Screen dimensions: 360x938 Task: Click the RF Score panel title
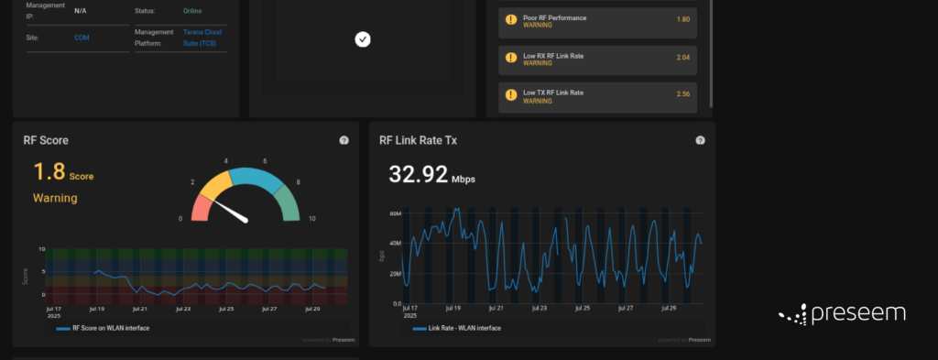pyautogui.click(x=46, y=140)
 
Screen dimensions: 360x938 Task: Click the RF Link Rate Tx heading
pyautogui.click(x=417, y=140)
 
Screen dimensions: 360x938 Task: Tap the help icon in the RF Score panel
pyautogui.click(x=344, y=140)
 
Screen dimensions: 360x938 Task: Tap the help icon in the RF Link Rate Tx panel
pyautogui.click(x=700, y=140)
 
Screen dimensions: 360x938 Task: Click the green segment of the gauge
pyautogui.click(x=289, y=201)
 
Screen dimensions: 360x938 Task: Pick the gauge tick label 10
pyautogui.click(x=312, y=219)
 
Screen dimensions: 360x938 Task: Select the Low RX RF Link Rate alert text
pyautogui.click(x=552, y=56)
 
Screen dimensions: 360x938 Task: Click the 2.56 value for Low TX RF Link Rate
pyautogui.click(x=682, y=94)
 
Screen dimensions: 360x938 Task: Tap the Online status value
pyautogui.click(x=191, y=11)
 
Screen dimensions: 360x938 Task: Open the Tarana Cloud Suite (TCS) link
pyautogui.click(x=202, y=38)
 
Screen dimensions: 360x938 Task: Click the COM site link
pyautogui.click(x=82, y=38)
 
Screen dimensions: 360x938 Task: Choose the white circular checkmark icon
pyautogui.click(x=363, y=39)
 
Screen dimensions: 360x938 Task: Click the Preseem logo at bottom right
pyautogui.click(x=842, y=314)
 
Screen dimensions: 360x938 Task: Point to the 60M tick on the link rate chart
pyautogui.click(x=396, y=213)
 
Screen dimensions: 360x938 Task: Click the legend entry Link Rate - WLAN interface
pyautogui.click(x=458, y=327)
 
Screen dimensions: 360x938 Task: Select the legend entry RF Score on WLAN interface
pyautogui.click(x=108, y=327)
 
